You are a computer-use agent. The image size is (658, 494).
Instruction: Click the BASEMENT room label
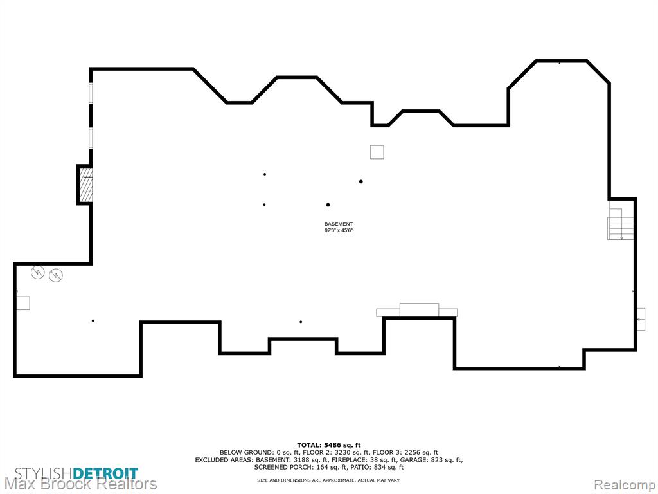pyautogui.click(x=338, y=224)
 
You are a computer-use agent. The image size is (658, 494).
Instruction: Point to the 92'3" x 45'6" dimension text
pyautogui.click(x=338, y=230)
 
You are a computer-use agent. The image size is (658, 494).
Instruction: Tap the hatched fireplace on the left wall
pyautogui.click(x=86, y=185)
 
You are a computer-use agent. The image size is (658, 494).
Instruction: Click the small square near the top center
pyautogui.click(x=377, y=152)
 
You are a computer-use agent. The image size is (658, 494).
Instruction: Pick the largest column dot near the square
pyautogui.click(x=361, y=181)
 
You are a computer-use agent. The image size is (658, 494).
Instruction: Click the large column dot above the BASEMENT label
pyautogui.click(x=328, y=205)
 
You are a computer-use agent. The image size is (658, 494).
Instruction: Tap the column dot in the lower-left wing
pyautogui.click(x=93, y=321)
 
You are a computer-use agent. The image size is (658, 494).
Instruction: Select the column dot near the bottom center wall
pyautogui.click(x=301, y=322)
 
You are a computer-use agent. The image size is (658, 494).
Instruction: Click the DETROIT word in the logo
pyautogui.click(x=105, y=473)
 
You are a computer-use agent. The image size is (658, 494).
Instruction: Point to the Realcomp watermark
pyautogui.click(x=625, y=484)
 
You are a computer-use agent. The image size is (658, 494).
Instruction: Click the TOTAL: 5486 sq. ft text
pyautogui.click(x=329, y=445)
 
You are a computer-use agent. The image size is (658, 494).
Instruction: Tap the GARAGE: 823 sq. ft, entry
pyautogui.click(x=431, y=460)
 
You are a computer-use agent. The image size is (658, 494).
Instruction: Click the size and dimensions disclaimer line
pyautogui.click(x=329, y=480)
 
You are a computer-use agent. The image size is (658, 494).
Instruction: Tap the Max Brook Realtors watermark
pyautogui.click(x=80, y=484)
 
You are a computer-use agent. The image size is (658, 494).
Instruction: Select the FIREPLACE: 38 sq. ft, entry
pyautogui.click(x=364, y=460)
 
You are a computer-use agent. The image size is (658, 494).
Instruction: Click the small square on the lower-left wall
pyautogui.click(x=23, y=303)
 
